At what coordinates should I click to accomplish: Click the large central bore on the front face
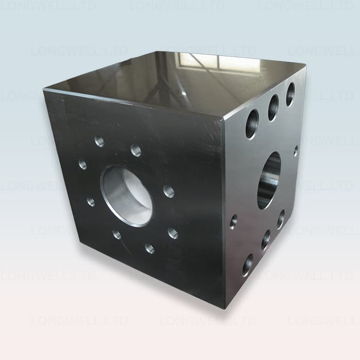(127, 196)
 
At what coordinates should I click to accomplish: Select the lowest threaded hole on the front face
(150, 248)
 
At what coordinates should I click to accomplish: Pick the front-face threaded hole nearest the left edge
(83, 165)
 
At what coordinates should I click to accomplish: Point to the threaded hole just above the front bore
(136, 150)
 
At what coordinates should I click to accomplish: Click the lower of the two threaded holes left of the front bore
(91, 202)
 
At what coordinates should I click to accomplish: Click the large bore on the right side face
(269, 180)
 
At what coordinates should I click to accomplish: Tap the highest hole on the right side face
(290, 94)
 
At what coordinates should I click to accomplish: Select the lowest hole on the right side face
(247, 264)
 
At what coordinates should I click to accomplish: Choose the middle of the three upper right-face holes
(273, 107)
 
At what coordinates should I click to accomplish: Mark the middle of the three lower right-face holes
(265, 240)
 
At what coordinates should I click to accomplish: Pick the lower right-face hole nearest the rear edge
(281, 219)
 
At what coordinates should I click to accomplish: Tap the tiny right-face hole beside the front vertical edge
(233, 222)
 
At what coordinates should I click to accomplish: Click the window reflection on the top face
(206, 62)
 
